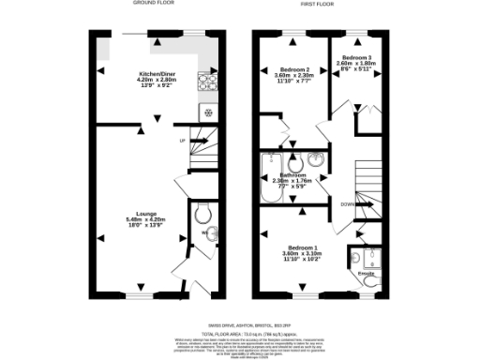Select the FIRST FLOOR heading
coord(318,5)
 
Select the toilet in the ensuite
coord(371,279)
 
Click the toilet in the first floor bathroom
coord(298,162)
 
